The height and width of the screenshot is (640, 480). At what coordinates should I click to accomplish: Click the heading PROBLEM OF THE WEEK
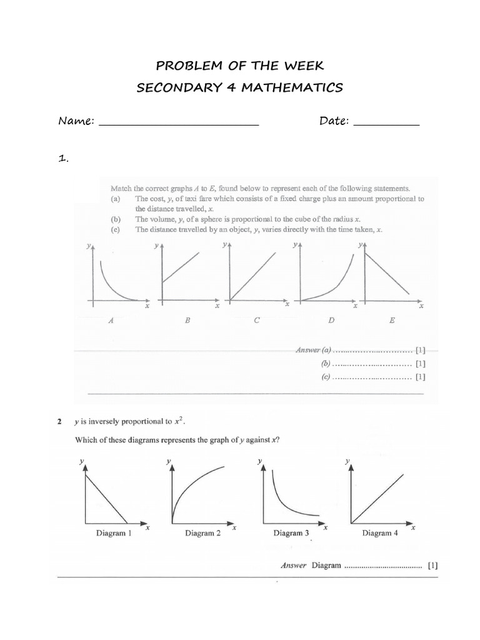[240, 65]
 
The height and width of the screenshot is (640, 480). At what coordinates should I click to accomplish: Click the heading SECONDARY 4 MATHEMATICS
[240, 87]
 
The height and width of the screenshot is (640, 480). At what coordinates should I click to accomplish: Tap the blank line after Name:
[179, 124]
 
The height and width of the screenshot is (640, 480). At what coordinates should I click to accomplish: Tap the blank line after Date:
[386, 124]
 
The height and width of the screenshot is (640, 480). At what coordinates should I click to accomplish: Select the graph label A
[111, 321]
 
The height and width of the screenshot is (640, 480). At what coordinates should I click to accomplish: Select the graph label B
[187, 321]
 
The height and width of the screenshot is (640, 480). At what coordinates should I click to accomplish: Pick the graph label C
[256, 321]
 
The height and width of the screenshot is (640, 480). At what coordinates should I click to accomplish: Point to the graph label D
[331, 321]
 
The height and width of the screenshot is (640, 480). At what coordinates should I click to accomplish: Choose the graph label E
[392, 321]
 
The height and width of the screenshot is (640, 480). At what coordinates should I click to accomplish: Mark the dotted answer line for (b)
[372, 363]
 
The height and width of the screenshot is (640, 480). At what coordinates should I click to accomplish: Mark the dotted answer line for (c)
[372, 377]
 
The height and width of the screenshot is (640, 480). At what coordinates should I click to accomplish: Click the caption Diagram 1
[113, 534]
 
